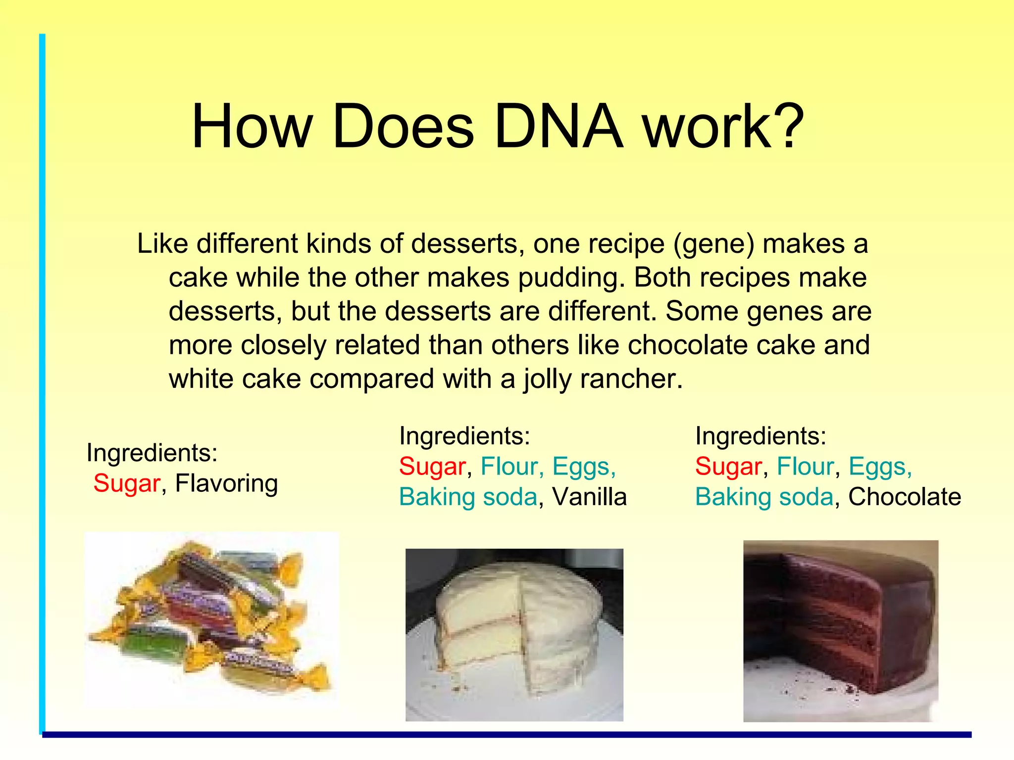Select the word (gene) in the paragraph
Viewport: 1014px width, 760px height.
click(713, 244)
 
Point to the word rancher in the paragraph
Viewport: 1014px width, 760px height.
click(631, 380)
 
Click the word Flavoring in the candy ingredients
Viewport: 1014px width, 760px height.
click(226, 483)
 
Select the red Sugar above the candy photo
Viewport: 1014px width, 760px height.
click(127, 483)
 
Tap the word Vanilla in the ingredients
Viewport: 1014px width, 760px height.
click(589, 497)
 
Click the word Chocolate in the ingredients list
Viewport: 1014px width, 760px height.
click(905, 497)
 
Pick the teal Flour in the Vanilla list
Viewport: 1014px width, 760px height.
click(509, 467)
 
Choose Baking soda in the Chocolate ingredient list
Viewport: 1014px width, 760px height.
click(764, 497)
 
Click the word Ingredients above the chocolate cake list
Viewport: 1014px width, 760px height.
click(760, 436)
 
